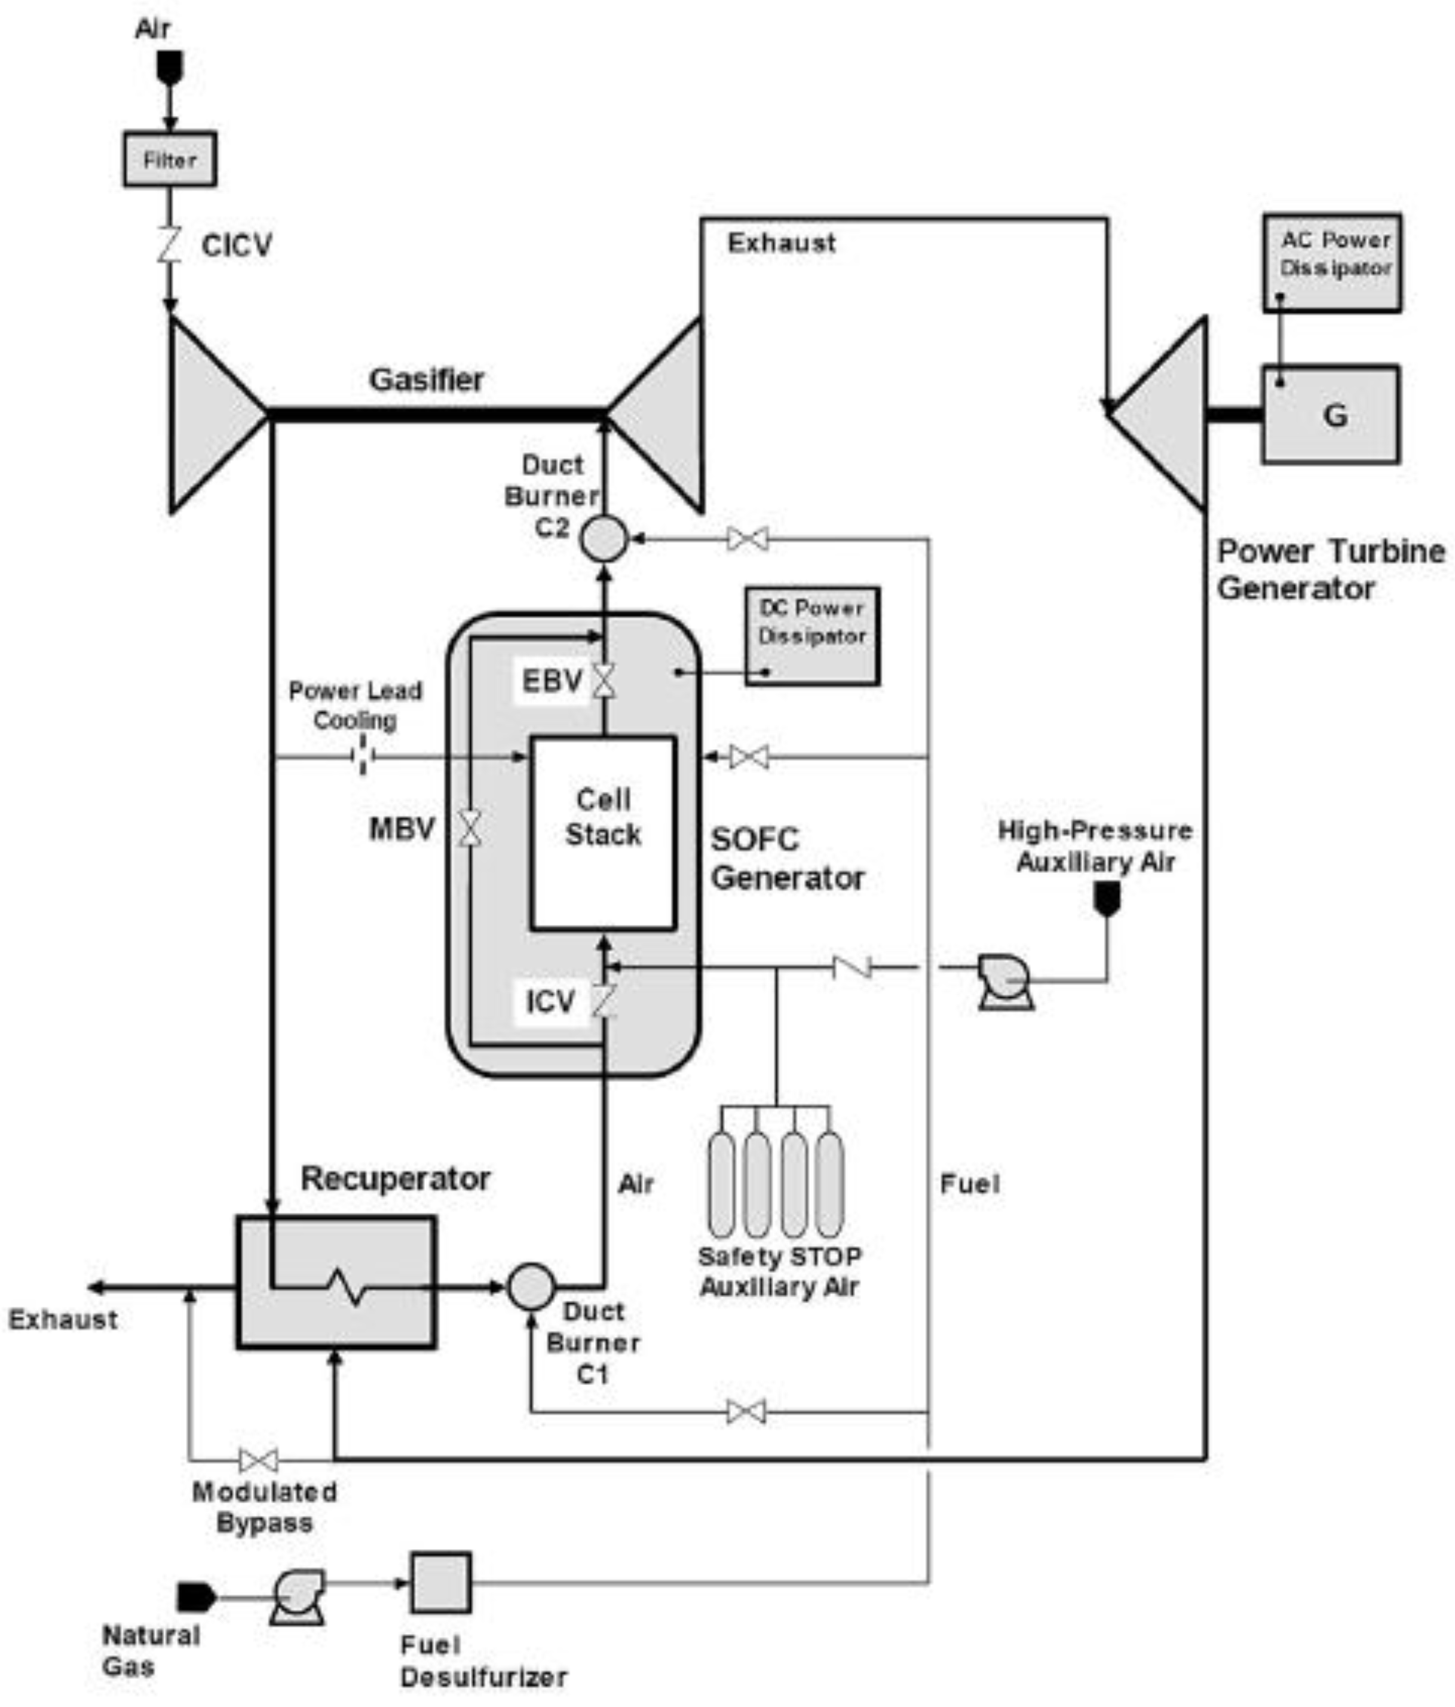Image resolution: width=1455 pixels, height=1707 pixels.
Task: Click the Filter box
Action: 170,159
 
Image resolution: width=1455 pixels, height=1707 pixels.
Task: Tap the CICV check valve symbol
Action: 170,245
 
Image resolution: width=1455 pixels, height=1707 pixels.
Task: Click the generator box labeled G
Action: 1330,415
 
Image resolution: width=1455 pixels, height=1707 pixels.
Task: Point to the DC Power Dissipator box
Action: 811,635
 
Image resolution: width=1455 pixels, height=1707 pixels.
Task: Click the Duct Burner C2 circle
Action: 604,539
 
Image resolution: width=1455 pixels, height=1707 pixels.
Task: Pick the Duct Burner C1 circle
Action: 531,1286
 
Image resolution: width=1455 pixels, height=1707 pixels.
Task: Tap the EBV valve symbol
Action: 604,681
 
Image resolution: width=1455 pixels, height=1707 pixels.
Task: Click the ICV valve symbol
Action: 604,1001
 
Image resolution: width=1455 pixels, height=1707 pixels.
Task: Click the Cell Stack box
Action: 603,833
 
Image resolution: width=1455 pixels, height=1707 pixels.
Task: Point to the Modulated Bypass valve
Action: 258,1461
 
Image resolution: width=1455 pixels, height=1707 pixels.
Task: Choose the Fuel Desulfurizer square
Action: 441,1582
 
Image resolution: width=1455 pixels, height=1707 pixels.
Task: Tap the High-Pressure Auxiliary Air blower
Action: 1003,981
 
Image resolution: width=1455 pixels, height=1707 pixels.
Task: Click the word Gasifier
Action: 426,380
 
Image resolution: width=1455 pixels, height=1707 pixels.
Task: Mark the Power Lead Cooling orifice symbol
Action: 363,755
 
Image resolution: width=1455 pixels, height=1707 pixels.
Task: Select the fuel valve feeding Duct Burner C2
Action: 748,540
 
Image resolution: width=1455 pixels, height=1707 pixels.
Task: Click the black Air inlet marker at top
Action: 170,68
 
